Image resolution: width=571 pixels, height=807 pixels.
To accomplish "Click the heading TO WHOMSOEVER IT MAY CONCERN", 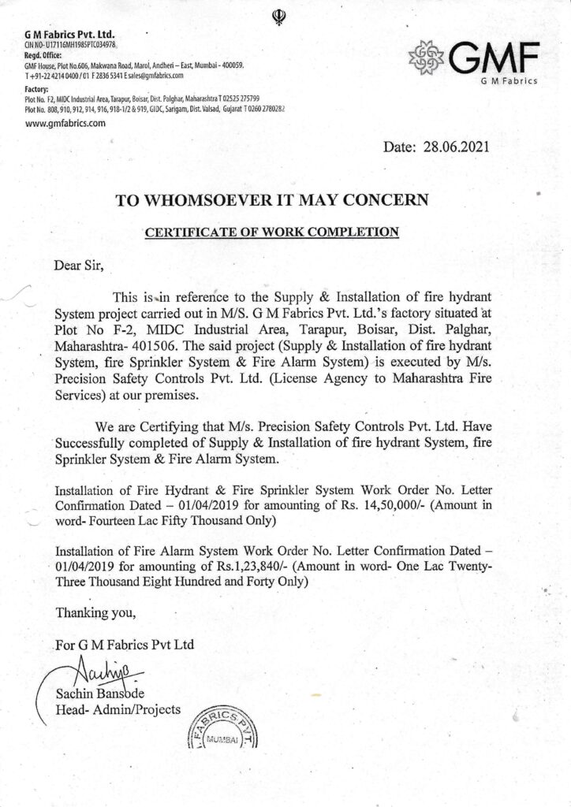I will pos(272,200).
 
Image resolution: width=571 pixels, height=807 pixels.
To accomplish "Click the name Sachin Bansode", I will pos(99,694).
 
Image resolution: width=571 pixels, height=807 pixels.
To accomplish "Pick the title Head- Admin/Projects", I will pos(118,709).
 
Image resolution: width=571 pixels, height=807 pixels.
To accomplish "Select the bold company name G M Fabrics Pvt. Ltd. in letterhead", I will pos(70,35).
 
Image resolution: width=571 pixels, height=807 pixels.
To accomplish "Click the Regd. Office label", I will pos(45,56).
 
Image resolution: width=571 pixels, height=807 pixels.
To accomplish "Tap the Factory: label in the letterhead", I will pos(39,90).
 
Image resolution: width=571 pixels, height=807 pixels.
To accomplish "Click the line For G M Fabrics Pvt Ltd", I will pos(125,645).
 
